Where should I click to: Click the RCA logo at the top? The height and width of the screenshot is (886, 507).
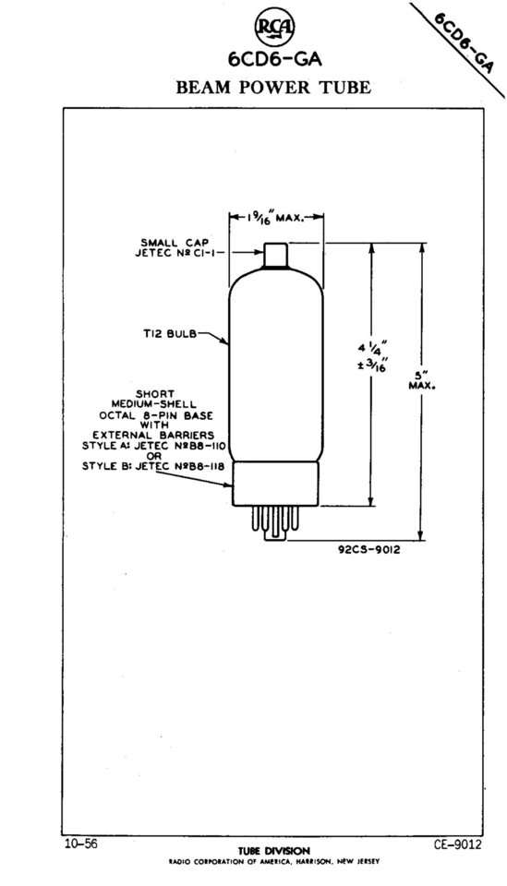pos(274,28)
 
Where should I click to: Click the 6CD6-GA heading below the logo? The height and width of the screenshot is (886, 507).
pos(274,59)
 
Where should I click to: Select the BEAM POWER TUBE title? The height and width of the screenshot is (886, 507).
pos(273,88)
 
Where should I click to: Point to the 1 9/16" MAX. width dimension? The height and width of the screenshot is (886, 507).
pos(274,216)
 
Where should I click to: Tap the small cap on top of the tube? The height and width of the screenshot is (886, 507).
pos(276,256)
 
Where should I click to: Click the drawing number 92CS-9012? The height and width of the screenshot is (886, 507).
pos(369,549)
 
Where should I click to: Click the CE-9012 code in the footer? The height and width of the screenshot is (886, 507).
pos(458,844)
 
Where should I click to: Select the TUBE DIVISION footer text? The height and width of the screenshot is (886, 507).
pos(274,851)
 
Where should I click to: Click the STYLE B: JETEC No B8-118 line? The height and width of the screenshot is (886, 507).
pos(153,466)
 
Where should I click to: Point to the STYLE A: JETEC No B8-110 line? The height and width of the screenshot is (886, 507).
pos(154,446)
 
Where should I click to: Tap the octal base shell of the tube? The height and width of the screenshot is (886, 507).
pos(276,484)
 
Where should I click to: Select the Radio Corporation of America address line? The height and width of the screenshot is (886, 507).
pos(274,862)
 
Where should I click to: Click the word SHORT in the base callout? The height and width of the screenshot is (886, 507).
pos(155,394)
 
